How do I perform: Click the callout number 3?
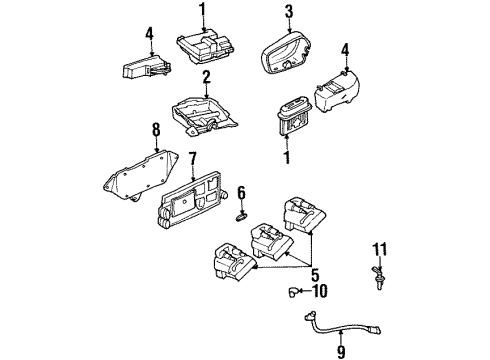[x=287, y=12]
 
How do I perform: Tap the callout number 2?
[x=205, y=77]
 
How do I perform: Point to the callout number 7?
[x=194, y=157]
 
